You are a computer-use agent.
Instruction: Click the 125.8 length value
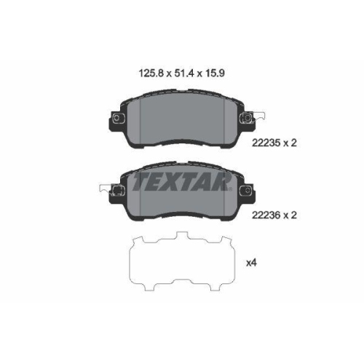tap(151, 73)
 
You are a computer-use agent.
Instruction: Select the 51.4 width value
tap(184, 73)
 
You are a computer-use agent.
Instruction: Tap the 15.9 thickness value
tap(214, 73)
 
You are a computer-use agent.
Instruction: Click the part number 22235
tap(266, 143)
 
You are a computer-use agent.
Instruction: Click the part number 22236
tap(266, 215)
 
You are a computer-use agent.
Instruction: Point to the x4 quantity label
tap(251, 263)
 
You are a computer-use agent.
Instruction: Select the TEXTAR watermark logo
tap(182, 181)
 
